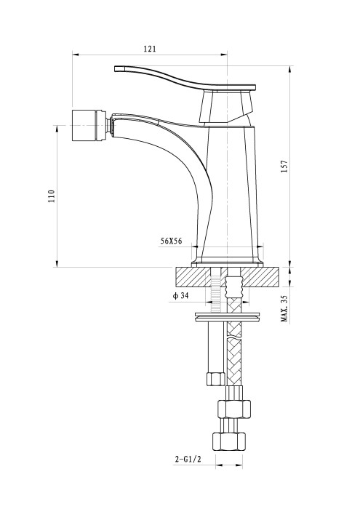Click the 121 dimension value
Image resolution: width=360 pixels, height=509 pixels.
150,49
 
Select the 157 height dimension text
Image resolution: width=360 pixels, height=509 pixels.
284,167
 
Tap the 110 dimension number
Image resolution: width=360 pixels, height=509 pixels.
52,196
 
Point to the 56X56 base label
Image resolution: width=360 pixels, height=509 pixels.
171,241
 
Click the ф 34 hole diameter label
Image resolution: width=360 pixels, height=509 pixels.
181,296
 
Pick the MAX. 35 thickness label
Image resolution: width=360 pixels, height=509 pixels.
284,308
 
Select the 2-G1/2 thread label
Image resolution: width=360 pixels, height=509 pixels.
188,459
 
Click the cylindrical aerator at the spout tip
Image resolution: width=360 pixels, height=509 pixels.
89,125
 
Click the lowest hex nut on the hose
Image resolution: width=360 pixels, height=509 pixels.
229,441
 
